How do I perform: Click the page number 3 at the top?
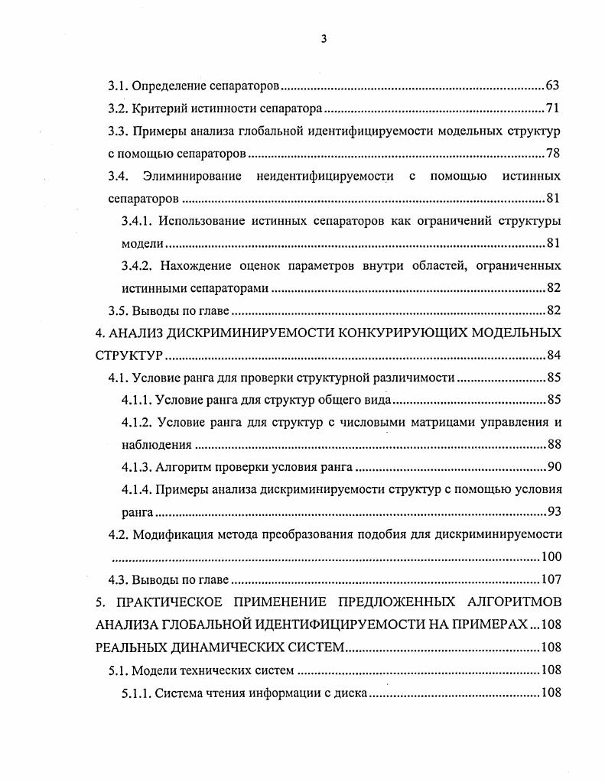coord(324,40)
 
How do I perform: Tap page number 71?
coord(554,108)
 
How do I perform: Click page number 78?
coord(554,153)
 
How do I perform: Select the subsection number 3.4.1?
coord(139,221)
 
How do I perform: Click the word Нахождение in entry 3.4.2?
coord(195,266)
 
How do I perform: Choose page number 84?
coord(554,355)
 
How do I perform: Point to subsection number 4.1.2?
coord(139,423)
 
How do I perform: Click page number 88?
coord(554,445)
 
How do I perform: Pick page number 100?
coord(551,557)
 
